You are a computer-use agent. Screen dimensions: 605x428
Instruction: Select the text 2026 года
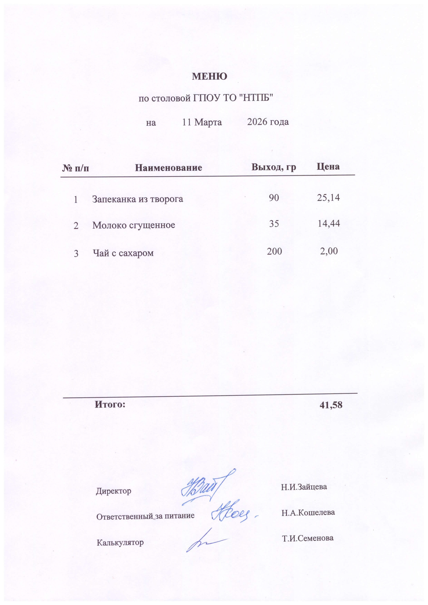(268, 122)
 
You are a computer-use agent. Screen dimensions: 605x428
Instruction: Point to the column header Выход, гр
(274, 167)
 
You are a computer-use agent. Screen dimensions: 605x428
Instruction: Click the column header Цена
(328, 166)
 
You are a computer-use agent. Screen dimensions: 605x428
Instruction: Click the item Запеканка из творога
(137, 199)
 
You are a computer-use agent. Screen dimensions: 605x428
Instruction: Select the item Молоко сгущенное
(134, 225)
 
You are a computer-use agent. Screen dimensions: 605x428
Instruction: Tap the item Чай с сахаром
(123, 253)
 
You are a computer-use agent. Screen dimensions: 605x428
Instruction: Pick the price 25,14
(328, 198)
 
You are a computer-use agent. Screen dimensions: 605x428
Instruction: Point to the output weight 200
(274, 251)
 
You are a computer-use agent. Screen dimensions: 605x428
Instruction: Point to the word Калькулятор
(120, 543)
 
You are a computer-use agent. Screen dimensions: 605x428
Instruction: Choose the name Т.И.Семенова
(308, 538)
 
